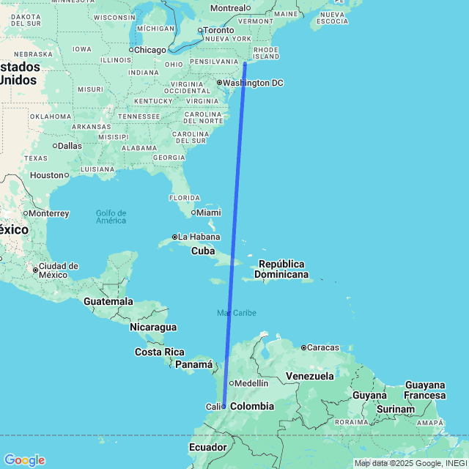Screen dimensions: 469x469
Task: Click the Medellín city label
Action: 252,383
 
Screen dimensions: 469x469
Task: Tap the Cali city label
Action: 213,407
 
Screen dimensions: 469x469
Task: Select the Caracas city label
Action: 325,347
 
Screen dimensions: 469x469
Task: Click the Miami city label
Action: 208,213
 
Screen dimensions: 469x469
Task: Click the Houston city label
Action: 47,175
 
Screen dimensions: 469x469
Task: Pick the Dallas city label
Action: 70,146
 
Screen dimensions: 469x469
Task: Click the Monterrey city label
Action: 49,214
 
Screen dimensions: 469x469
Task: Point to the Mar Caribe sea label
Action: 237,313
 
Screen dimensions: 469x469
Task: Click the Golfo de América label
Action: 111,217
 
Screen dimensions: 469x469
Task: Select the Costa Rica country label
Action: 160,352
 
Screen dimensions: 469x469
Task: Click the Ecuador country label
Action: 208,447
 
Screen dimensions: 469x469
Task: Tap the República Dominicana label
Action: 281,269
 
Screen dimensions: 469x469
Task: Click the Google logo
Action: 24,459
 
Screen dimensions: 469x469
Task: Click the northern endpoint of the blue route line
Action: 245,64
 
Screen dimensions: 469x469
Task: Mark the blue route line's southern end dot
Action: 224,406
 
